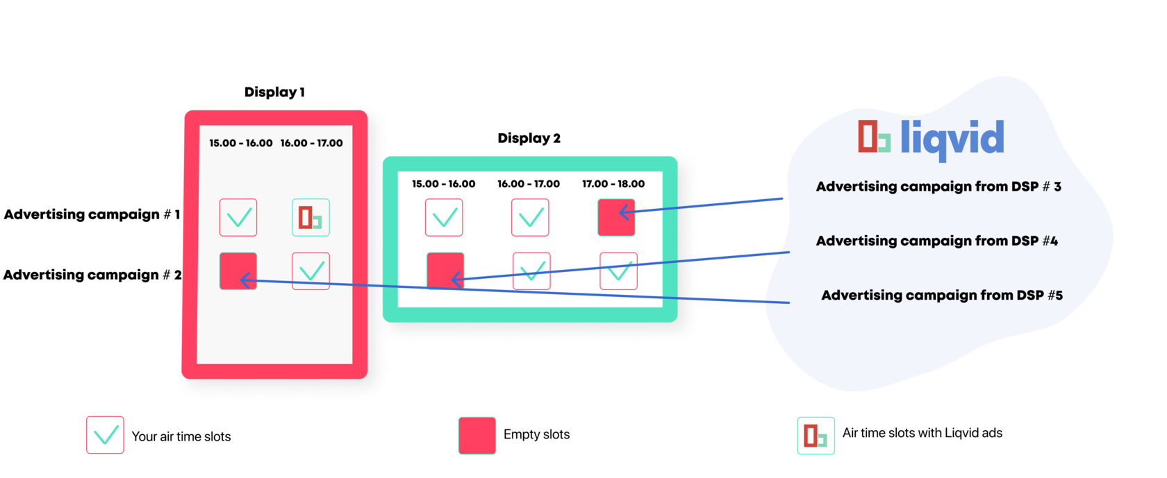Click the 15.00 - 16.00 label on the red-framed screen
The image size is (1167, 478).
point(241,143)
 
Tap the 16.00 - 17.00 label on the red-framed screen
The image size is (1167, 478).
point(312,143)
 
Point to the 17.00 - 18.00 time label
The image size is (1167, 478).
point(613,184)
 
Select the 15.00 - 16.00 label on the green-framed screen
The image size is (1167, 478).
point(444,184)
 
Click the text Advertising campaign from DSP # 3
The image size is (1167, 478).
point(938,187)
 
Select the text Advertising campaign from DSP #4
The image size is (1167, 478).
point(937,241)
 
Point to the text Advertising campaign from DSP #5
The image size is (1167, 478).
point(942,296)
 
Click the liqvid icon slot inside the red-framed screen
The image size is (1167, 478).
point(311,217)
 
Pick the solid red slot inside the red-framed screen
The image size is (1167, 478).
point(238,271)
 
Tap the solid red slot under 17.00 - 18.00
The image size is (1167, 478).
point(616,217)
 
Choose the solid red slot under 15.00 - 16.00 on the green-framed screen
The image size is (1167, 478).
point(445,271)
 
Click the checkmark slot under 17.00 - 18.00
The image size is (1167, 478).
point(618,271)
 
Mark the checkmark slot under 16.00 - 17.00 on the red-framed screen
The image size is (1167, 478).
point(311,271)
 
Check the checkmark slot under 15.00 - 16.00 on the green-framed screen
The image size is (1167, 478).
point(444,217)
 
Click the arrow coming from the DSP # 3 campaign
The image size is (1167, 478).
point(702,205)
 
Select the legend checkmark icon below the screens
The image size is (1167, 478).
point(105,435)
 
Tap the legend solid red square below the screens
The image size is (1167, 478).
point(477,435)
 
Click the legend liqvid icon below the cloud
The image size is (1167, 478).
point(816,435)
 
